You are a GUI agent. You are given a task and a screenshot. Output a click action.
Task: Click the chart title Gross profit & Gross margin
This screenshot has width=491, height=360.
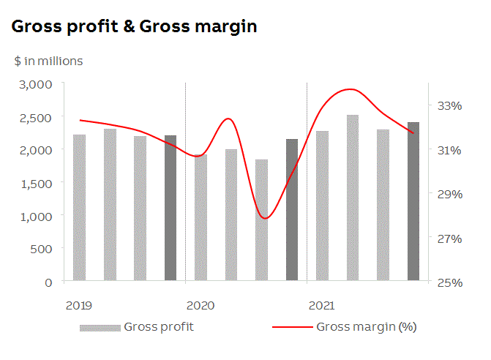(x=134, y=27)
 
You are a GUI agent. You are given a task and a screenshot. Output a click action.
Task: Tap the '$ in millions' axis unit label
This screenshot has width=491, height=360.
(x=48, y=61)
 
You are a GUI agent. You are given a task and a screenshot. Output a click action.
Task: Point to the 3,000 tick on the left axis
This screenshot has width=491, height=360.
(x=34, y=84)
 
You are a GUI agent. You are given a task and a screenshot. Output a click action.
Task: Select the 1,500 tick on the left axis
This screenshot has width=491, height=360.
(x=34, y=183)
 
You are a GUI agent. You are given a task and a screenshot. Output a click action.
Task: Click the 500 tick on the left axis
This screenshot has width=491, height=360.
(x=41, y=249)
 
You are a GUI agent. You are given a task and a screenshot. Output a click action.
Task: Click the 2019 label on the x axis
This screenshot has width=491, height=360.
(x=78, y=304)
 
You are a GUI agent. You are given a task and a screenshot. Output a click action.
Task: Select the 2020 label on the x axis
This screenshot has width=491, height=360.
(x=200, y=304)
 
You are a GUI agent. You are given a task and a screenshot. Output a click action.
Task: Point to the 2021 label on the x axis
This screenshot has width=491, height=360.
(x=321, y=304)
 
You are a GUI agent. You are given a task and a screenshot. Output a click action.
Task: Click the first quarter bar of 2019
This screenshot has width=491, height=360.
(x=79, y=208)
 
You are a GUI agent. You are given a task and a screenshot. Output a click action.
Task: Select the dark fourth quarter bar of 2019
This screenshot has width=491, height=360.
(x=170, y=208)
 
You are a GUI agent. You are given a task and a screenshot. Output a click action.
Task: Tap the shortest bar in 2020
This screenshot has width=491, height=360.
(x=261, y=220)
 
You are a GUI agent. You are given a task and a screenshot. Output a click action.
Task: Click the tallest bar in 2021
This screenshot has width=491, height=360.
(x=353, y=198)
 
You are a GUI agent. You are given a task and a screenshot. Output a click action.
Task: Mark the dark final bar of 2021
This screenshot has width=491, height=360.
(x=413, y=201)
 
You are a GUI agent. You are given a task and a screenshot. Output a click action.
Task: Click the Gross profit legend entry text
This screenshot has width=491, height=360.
(x=159, y=326)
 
